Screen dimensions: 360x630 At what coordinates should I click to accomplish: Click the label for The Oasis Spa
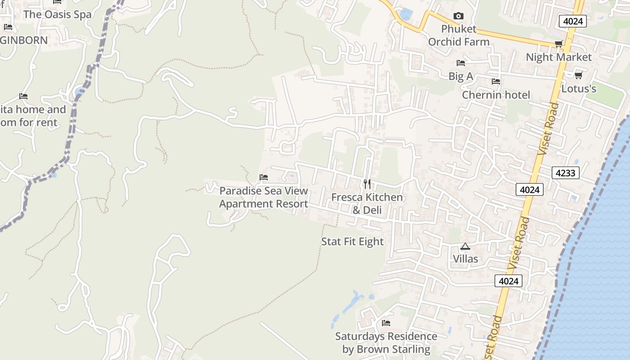[x=57, y=14]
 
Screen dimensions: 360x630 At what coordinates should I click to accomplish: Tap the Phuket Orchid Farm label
[x=459, y=36]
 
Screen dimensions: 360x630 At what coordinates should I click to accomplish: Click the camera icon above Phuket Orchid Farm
[x=459, y=16]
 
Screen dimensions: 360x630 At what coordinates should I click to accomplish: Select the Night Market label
[x=558, y=57]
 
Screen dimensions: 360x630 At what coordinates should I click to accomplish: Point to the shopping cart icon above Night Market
[x=558, y=44]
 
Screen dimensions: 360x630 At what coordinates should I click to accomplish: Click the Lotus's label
[x=579, y=89]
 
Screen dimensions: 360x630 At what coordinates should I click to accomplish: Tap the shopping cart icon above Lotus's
[x=579, y=75]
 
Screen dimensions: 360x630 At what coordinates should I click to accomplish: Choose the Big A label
[x=461, y=76]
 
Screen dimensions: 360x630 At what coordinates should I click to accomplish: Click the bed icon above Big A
[x=461, y=63]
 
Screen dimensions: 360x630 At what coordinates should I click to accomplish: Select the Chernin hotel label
[x=496, y=95]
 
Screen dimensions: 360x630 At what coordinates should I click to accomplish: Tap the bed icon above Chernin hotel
[x=496, y=81]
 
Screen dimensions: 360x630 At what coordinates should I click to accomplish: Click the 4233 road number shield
[x=566, y=172]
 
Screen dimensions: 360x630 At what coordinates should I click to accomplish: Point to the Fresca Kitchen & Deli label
[x=367, y=203]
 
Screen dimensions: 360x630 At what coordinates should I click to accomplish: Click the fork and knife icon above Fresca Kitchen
[x=367, y=184]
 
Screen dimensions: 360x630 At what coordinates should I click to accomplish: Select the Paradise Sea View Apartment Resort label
[x=264, y=197]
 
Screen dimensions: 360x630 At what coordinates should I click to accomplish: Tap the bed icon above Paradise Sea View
[x=264, y=177]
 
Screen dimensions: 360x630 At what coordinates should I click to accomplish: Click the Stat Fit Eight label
[x=352, y=242]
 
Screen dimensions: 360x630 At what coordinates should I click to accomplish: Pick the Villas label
[x=465, y=259]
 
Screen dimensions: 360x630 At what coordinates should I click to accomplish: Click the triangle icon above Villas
[x=465, y=246]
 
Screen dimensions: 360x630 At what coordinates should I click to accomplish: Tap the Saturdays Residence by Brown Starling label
[x=386, y=342]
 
